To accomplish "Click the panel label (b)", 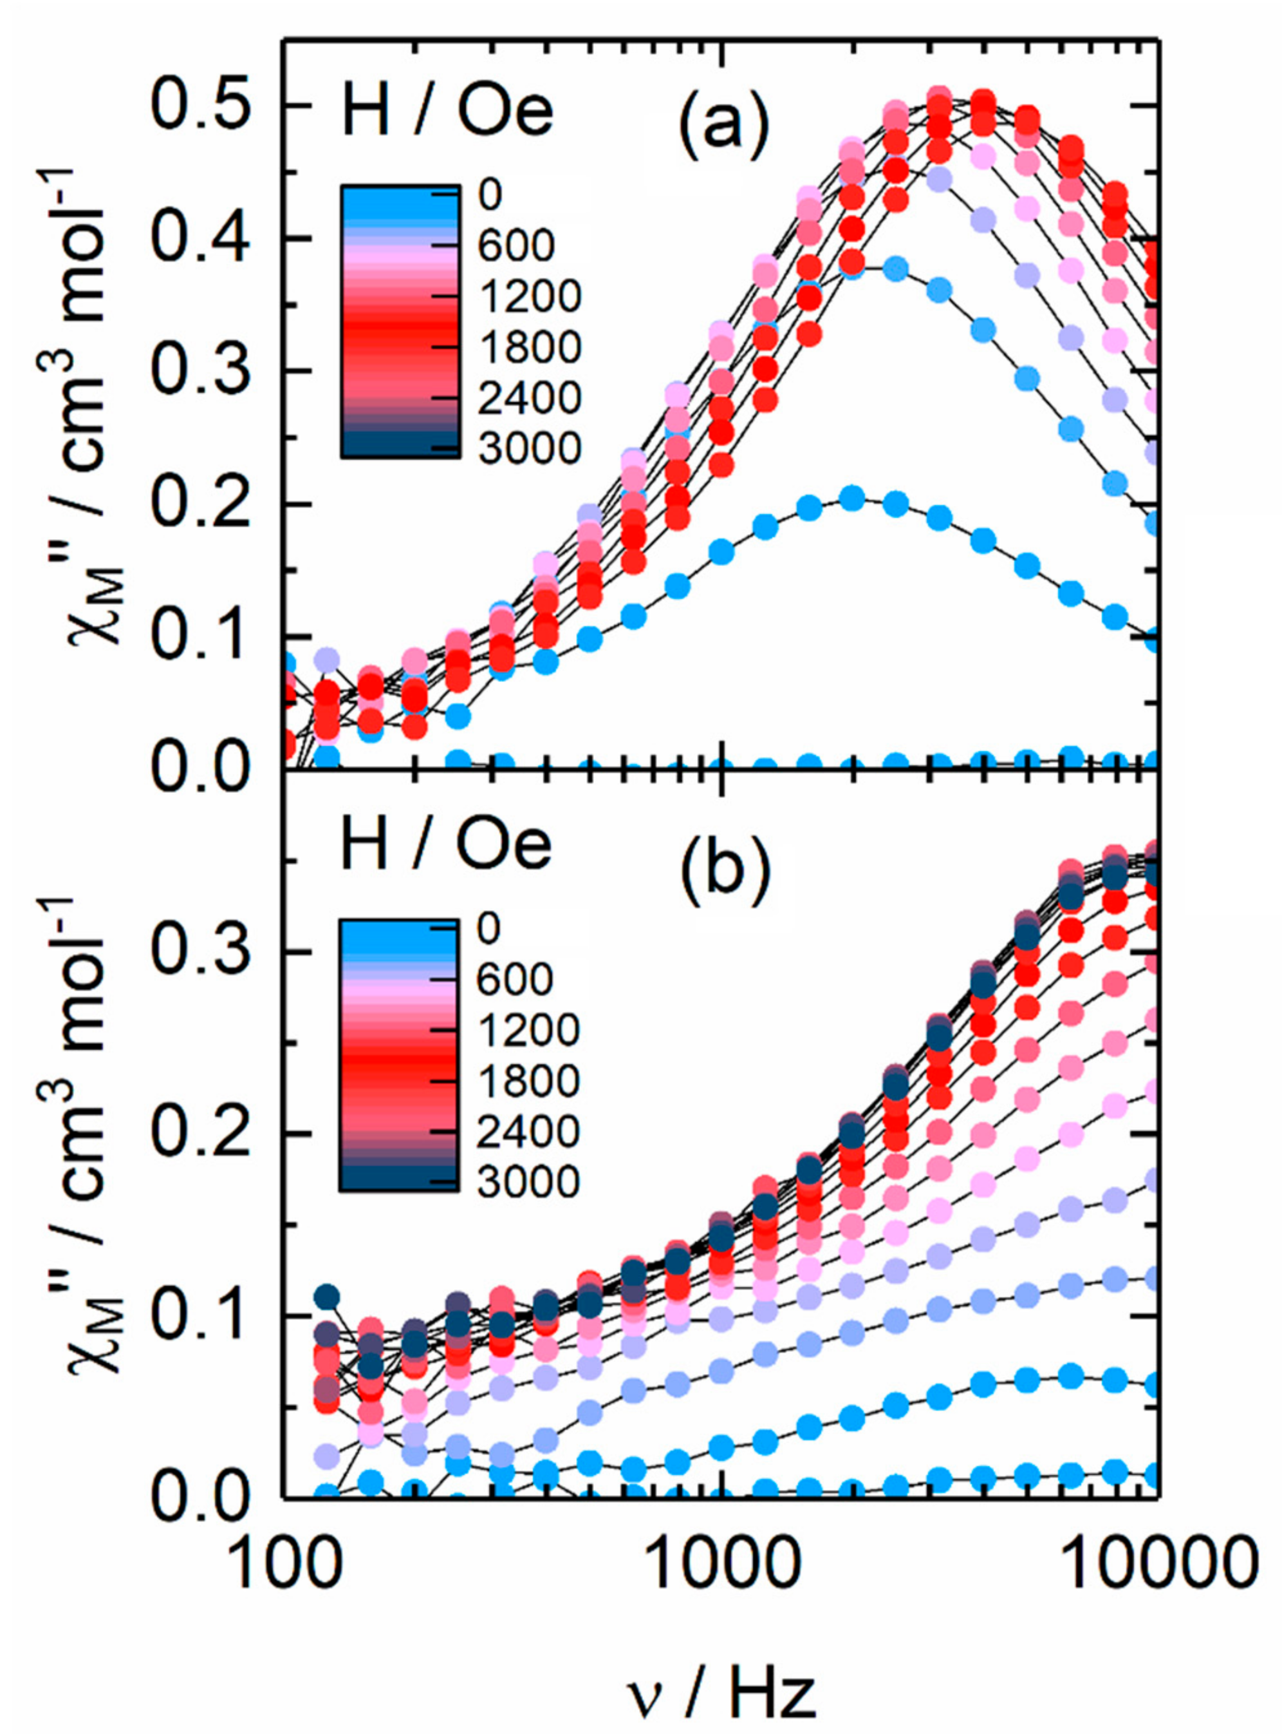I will coord(723,868).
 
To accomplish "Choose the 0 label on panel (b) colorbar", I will coord(490,929).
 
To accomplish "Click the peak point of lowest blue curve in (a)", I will coord(852,499).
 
